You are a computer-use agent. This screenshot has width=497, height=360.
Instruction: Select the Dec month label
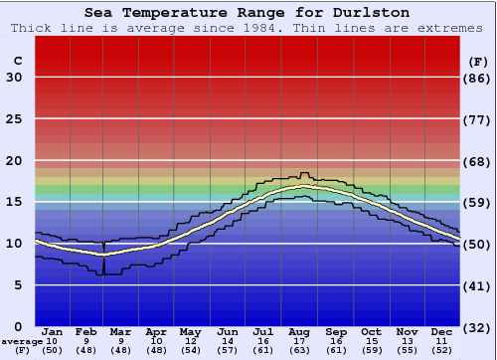442,331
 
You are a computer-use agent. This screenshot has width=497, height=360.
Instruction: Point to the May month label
191,331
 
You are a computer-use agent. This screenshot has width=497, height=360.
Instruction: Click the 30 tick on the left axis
14,78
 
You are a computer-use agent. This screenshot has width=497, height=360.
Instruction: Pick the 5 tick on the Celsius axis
18,285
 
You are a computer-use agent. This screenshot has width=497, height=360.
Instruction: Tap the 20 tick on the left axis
14,161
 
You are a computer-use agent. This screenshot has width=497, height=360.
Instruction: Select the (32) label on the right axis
477,327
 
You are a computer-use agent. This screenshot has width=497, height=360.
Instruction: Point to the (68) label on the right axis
477,161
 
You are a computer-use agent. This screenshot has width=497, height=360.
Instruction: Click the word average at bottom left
22,341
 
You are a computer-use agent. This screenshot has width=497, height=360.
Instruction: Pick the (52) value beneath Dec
442,350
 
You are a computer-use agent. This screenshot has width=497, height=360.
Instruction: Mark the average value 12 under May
191,341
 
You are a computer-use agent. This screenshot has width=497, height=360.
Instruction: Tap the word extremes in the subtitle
448,28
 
